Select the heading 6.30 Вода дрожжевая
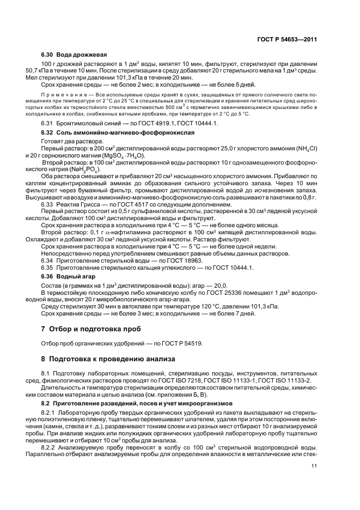[x=74, y=55]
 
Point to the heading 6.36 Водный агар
[x=69, y=276]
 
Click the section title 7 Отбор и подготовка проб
[x=91, y=329]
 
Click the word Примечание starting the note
[x=65, y=95]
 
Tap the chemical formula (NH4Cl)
[x=303, y=148]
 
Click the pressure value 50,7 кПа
[x=38, y=71]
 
